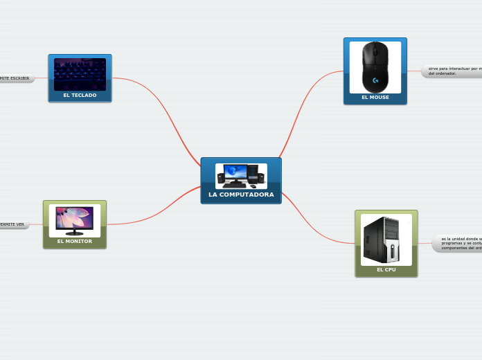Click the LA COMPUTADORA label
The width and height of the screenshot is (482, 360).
241,195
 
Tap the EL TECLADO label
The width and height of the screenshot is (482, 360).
80,96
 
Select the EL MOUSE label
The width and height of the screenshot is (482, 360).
375,98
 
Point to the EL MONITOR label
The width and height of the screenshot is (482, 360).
75,242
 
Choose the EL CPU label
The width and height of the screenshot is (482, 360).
386,269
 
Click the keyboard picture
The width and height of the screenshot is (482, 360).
80,74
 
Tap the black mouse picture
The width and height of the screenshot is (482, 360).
375,66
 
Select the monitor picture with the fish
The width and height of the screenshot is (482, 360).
75,220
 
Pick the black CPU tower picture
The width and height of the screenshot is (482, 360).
386,239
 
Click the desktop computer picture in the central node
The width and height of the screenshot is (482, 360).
241,176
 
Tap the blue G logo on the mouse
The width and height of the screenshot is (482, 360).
375,80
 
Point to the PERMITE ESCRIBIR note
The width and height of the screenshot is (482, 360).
15,78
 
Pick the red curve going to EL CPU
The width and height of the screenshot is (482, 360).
312,228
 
